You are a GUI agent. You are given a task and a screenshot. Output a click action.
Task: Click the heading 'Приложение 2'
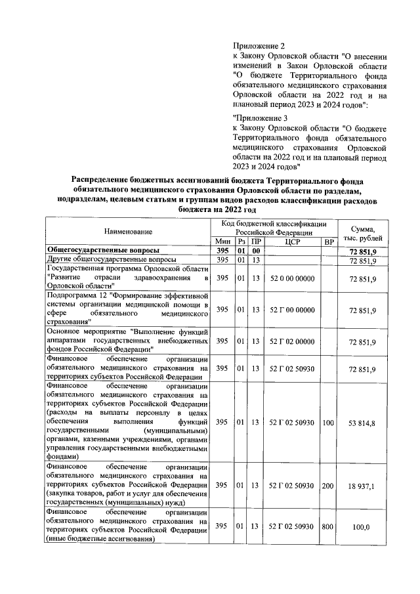(260, 46)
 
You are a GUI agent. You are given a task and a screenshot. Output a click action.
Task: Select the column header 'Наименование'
(128, 232)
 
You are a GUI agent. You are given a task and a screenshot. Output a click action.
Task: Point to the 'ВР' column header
(328, 242)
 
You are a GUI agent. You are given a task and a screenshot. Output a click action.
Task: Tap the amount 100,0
(362, 526)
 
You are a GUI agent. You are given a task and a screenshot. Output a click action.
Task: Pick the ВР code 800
(328, 526)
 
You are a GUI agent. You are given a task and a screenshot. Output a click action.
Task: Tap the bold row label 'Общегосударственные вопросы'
(102, 251)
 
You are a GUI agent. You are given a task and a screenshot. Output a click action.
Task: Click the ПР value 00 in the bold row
(256, 251)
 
